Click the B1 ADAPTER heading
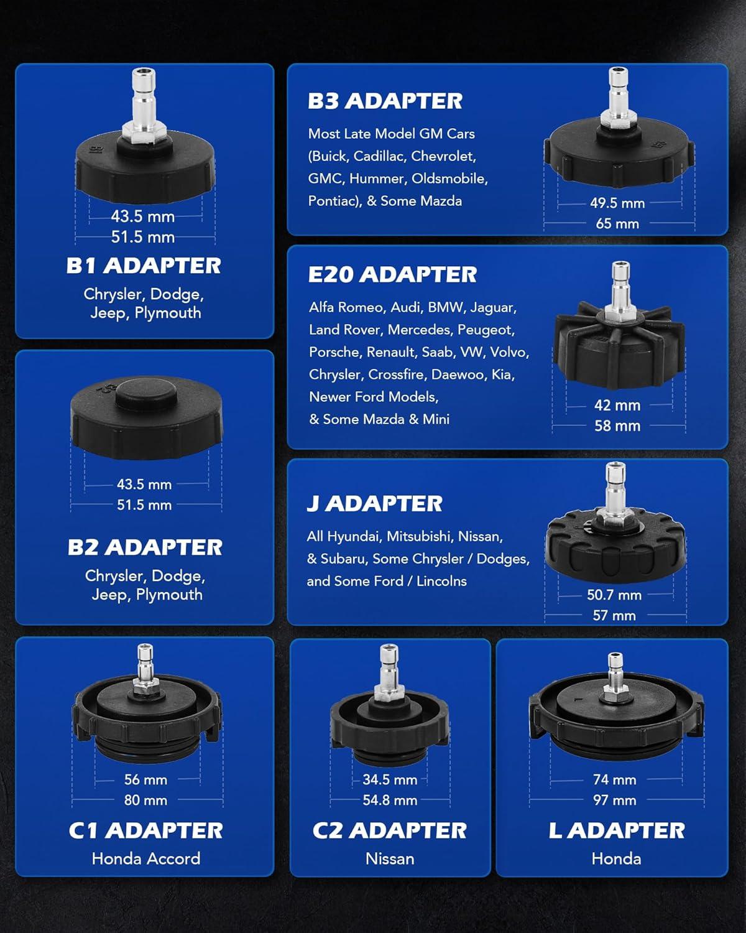tap(144, 266)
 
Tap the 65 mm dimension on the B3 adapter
tap(617, 224)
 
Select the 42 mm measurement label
tap(617, 405)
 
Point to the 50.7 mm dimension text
tap(614, 595)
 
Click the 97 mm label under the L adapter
tap(615, 800)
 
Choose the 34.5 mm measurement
tap(390, 779)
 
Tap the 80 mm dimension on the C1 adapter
tap(145, 800)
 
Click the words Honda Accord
tap(146, 858)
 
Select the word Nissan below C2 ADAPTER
tap(390, 858)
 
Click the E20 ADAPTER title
tap(392, 274)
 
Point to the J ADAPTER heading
tap(374, 503)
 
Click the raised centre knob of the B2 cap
tap(146, 394)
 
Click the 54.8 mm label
tap(390, 800)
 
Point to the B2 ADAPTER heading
tap(145, 547)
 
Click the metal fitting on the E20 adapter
tap(620, 290)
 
